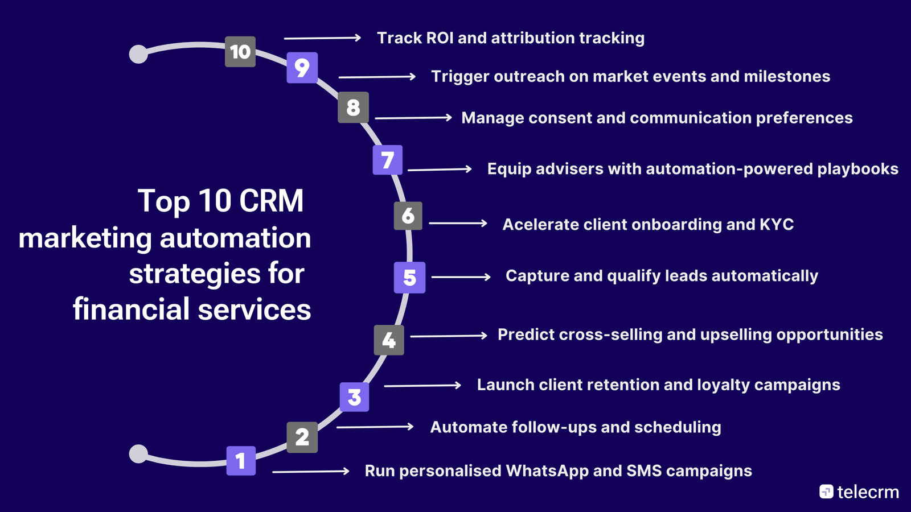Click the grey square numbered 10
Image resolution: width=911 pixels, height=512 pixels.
[x=240, y=52]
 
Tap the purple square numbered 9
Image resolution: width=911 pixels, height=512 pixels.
[x=302, y=68]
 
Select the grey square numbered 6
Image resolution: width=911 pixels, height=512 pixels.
[x=408, y=216]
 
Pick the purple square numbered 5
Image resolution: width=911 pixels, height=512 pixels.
[x=409, y=278]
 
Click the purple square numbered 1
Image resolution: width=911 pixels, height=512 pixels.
[x=241, y=460]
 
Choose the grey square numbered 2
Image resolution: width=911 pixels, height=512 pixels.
[x=302, y=437]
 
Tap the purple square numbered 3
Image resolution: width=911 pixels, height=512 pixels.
[x=354, y=397]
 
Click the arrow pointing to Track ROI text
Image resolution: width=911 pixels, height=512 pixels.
[x=322, y=38]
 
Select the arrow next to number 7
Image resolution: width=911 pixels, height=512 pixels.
[x=439, y=169]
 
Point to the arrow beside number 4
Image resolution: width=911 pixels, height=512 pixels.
[x=448, y=336]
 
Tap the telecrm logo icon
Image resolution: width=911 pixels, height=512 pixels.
[x=826, y=492]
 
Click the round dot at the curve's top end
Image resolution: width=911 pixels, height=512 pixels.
[x=138, y=54]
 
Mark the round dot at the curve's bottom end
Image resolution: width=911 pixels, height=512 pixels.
[x=138, y=454]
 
